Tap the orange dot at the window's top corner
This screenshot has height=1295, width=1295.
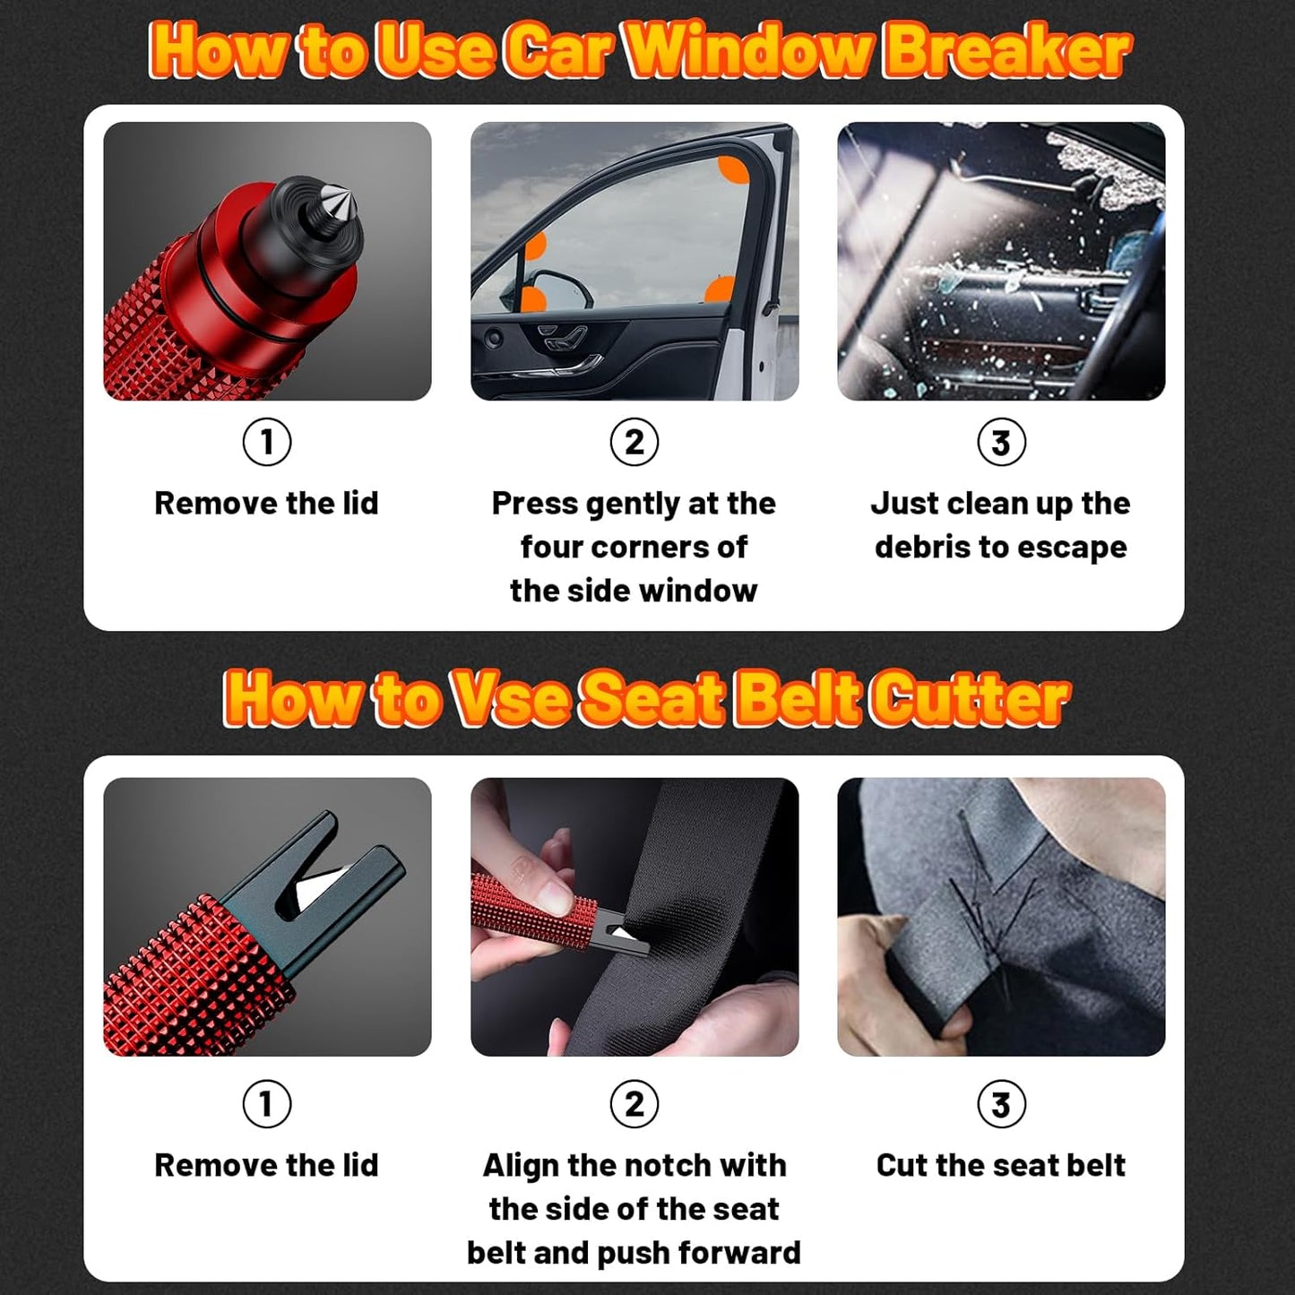tap(734, 168)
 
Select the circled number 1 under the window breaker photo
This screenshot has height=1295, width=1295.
tap(267, 442)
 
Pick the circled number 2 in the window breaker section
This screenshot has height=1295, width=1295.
tap(634, 442)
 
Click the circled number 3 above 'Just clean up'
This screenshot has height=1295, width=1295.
tap(1001, 442)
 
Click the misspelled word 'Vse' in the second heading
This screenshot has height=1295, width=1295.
tap(511, 698)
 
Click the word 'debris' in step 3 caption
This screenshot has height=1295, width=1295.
tap(922, 547)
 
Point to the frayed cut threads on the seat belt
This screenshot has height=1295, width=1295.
tap(986, 905)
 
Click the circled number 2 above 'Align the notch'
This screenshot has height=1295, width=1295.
tap(634, 1104)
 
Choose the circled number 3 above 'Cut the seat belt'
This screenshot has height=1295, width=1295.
tap(1001, 1104)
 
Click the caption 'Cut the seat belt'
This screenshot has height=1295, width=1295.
tap(1000, 1165)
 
